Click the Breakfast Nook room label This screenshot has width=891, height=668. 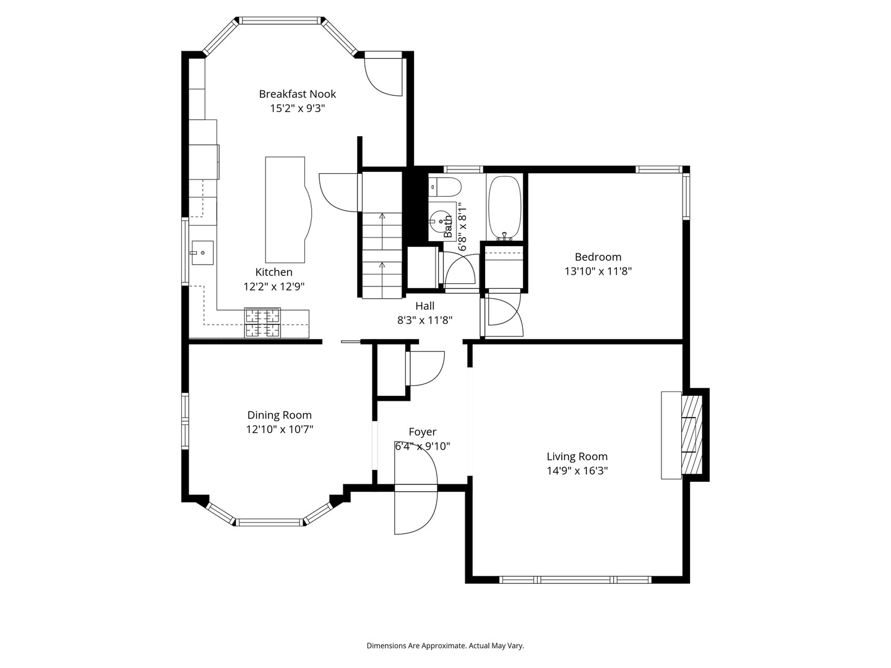coord(297,94)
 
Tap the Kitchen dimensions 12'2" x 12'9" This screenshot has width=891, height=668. coord(273,286)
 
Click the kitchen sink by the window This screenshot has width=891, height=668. coord(202,252)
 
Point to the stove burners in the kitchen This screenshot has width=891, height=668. coord(262,323)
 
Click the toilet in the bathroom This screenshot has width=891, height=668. coord(445,186)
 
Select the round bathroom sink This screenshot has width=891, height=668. coord(441,220)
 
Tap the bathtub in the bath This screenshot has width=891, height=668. coord(505,208)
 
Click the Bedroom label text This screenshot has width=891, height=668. coord(598,257)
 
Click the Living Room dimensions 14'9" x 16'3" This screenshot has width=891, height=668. coord(577,471)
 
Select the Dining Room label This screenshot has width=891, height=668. coord(280,415)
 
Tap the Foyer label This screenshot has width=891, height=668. coord(422,432)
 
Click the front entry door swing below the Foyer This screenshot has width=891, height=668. coord(416,510)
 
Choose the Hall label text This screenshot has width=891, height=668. coord(424,306)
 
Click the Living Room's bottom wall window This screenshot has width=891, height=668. coord(575,580)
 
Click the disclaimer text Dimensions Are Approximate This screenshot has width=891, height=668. coord(445,645)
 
